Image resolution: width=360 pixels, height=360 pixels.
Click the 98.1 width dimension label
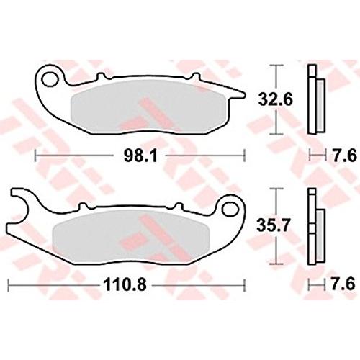(x=140, y=156)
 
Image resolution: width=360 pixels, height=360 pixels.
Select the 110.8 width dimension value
(x=125, y=285)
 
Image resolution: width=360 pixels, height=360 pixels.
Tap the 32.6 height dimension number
(x=275, y=99)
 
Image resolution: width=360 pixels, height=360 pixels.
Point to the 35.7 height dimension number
(x=274, y=225)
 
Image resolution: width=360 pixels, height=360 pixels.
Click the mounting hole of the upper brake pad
(x=51, y=78)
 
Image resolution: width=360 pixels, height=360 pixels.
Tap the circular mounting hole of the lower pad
(x=230, y=209)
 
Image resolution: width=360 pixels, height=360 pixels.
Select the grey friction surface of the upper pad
(x=149, y=106)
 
